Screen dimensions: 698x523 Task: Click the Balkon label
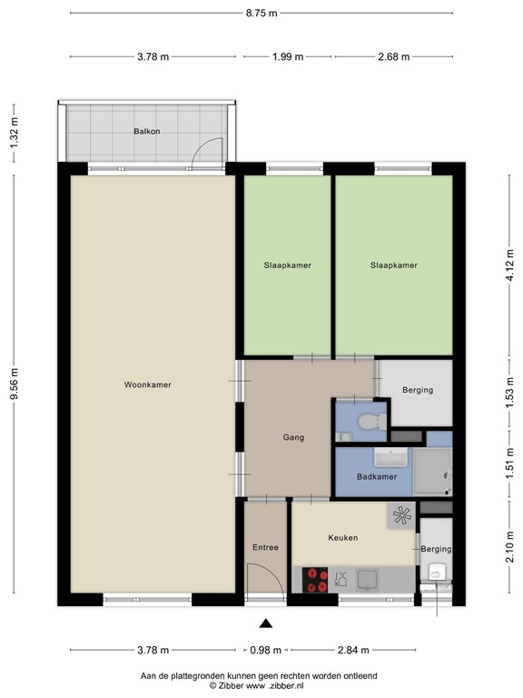pos(146,131)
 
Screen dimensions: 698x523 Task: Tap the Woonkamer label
pos(147,384)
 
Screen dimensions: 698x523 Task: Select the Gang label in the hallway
pos(293,437)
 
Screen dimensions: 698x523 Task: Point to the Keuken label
pos(342,537)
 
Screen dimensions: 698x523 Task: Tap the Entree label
pos(264,547)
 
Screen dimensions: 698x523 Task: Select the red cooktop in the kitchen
pos(316,580)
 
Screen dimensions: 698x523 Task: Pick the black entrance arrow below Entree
pos(265,623)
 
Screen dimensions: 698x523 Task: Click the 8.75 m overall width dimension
pos(261,13)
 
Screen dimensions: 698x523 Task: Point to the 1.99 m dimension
pos(288,56)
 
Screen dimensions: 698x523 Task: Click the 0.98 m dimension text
pos(265,650)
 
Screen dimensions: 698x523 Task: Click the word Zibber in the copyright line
pos(233,686)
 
